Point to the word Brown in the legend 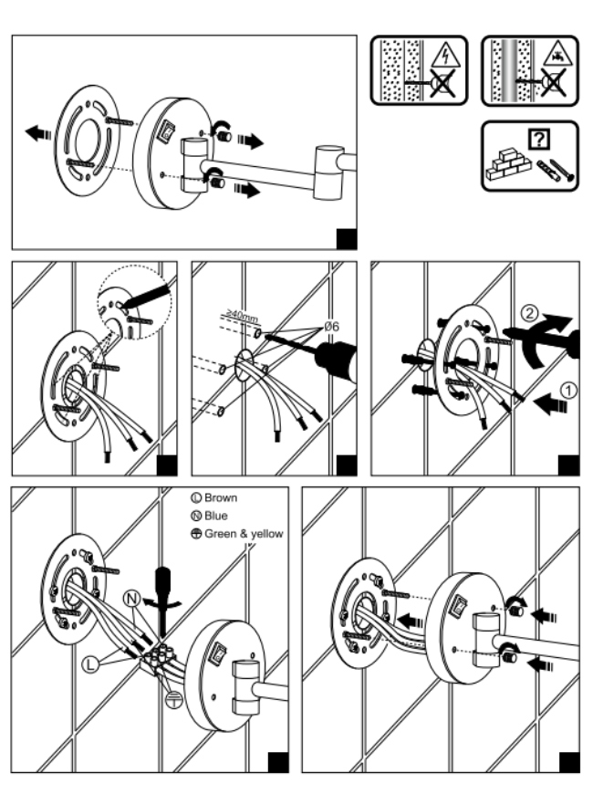[x=220, y=499]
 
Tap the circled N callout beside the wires [x=132, y=599]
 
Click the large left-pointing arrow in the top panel [x=39, y=133]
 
